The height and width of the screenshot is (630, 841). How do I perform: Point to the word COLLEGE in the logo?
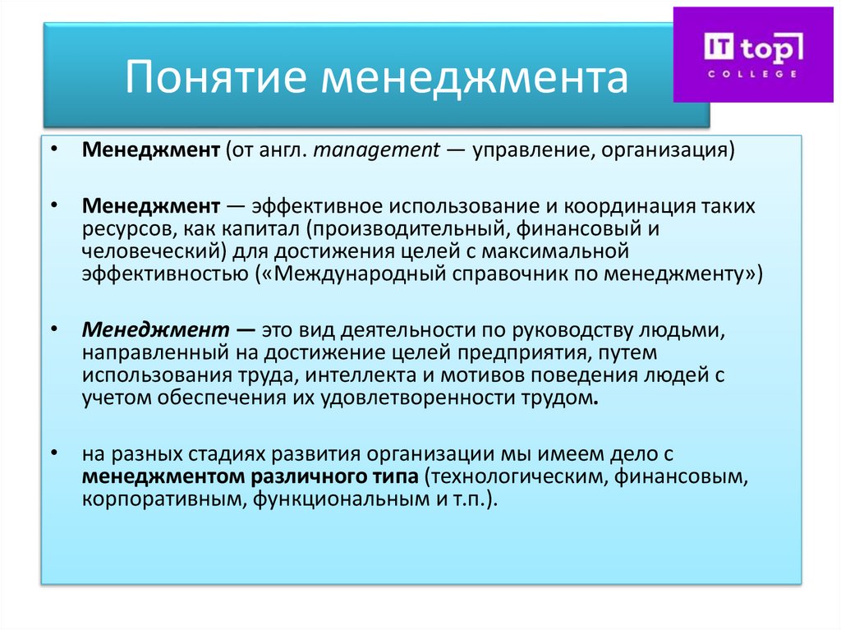[753, 73]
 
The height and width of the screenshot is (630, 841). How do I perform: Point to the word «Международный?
[360, 272]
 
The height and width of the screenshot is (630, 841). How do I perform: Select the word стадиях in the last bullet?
[231, 454]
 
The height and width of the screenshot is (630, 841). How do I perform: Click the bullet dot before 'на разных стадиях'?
[53, 454]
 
